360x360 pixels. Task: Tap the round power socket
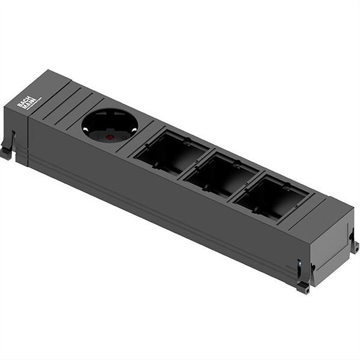(110, 125)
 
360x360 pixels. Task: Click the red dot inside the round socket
(110, 137)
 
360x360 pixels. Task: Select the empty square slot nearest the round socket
(170, 153)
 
